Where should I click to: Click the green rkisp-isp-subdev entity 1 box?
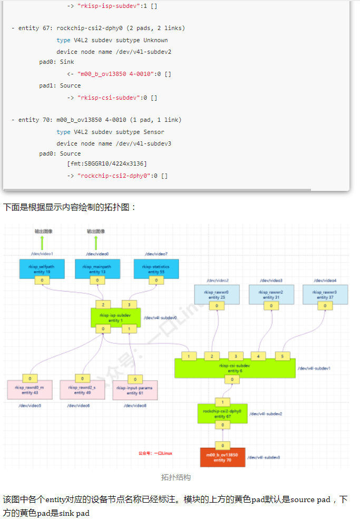[115, 318]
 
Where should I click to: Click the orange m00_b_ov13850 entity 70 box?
[222, 457]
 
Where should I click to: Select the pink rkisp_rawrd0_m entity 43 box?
[30, 390]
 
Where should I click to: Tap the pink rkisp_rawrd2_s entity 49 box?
[82, 390]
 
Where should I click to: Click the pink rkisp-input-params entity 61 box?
[135, 390]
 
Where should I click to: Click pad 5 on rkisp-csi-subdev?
[283, 356]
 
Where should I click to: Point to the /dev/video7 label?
[156, 254]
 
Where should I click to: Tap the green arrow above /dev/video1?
[42, 243]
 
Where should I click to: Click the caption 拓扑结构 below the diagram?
[176, 477]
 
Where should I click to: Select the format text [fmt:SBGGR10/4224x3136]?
[107, 164]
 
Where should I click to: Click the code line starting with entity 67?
[98, 28]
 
